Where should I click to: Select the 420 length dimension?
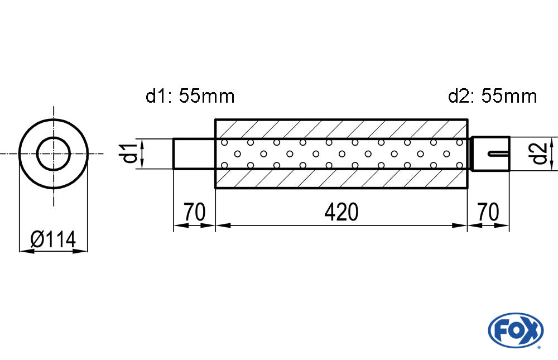point(340,213)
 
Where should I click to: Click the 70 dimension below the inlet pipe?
point(194,213)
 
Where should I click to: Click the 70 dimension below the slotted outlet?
point(488,213)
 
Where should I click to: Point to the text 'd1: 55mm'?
point(190,97)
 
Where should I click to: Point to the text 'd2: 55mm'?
point(492,97)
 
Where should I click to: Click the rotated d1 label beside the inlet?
point(130,153)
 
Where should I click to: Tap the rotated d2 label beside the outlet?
point(538,153)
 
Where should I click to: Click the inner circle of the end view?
point(54,153)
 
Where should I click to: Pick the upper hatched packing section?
point(340,129)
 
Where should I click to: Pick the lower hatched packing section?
point(340,178)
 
